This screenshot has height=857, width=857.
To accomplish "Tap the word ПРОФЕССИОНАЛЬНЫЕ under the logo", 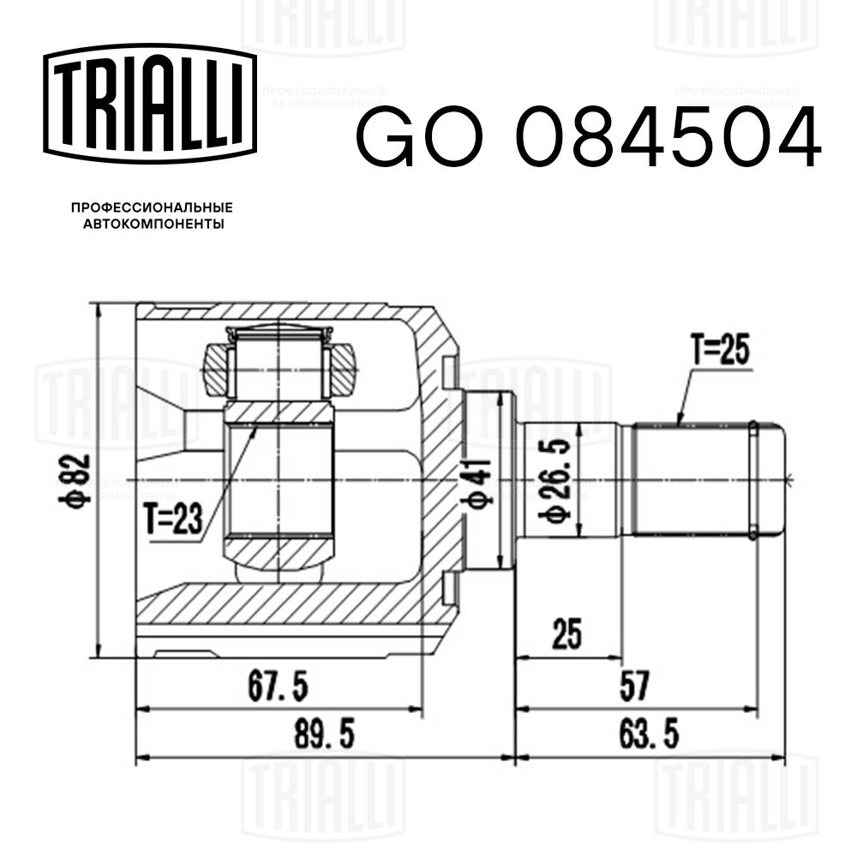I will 152,208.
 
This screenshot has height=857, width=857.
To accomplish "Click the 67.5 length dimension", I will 278,686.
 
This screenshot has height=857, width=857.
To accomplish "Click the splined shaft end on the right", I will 703,480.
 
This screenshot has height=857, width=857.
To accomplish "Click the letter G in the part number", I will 383,138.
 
